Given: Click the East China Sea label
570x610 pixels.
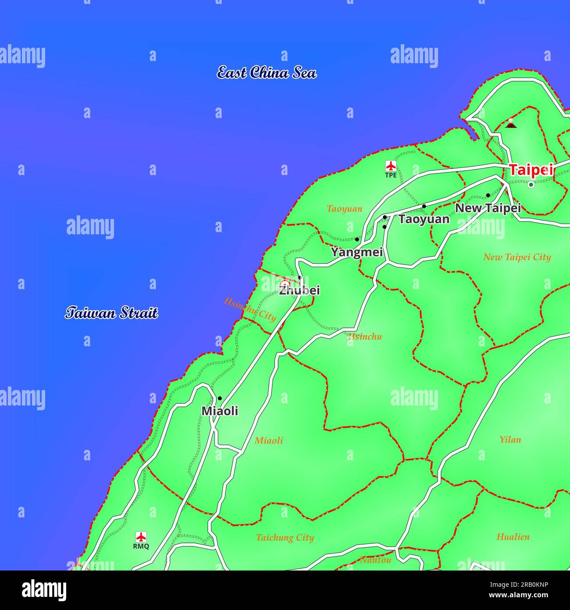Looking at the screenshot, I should (x=267, y=72).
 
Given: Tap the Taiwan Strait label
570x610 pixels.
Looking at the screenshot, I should (x=111, y=313).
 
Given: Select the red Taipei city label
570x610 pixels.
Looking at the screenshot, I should (x=531, y=170).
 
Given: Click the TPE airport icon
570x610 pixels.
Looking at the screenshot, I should (x=391, y=166).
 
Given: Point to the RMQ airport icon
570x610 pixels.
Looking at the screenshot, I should (x=141, y=537).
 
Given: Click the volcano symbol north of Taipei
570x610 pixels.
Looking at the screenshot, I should (x=510, y=124).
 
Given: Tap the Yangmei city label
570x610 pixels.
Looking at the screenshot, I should (x=357, y=252).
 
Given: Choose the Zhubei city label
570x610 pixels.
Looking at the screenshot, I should (x=299, y=290).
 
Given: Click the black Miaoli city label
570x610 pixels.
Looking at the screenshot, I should (x=220, y=411).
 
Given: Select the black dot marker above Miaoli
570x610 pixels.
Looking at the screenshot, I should (x=220, y=398).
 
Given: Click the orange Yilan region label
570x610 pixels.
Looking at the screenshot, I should (x=510, y=439).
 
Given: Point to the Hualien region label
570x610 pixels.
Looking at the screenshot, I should (x=513, y=536).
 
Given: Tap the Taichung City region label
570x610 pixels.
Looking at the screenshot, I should (x=285, y=538).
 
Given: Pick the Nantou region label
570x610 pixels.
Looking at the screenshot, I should (x=375, y=560).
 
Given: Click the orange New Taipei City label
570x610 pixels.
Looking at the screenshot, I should (x=517, y=257).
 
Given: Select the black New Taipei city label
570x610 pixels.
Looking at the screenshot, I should (x=488, y=208).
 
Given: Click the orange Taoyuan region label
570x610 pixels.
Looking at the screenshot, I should (x=344, y=208).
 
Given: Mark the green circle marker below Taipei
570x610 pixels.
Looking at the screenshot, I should (x=531, y=185).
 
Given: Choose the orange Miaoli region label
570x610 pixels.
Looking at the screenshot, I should (x=269, y=440).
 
